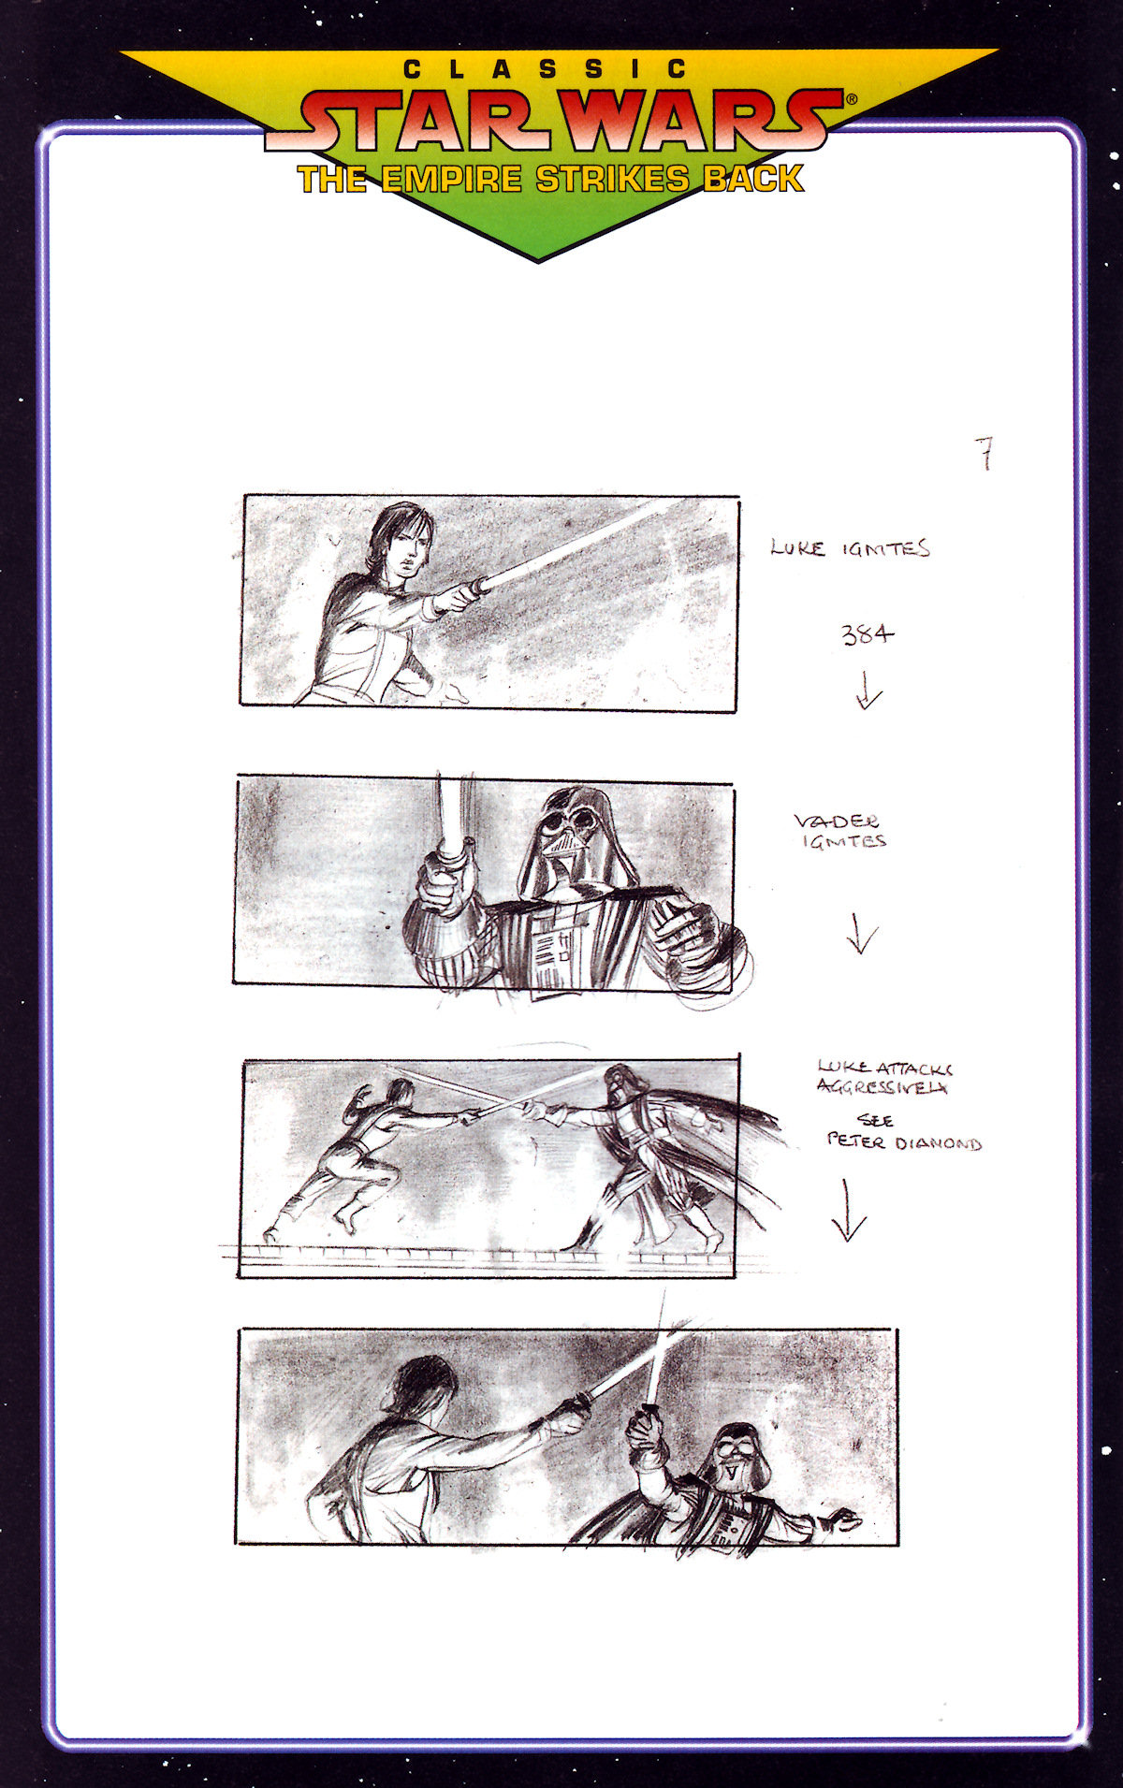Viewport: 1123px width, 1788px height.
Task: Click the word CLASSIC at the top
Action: pyautogui.click(x=546, y=69)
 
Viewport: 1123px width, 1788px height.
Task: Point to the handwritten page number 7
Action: pyautogui.click(x=984, y=454)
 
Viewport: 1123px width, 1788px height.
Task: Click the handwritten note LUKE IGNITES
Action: pyautogui.click(x=850, y=548)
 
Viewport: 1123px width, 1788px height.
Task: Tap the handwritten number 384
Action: pyautogui.click(x=867, y=635)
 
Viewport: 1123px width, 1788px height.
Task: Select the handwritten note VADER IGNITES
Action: pyautogui.click(x=839, y=831)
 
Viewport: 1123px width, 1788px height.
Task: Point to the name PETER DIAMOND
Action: pyautogui.click(x=904, y=1142)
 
